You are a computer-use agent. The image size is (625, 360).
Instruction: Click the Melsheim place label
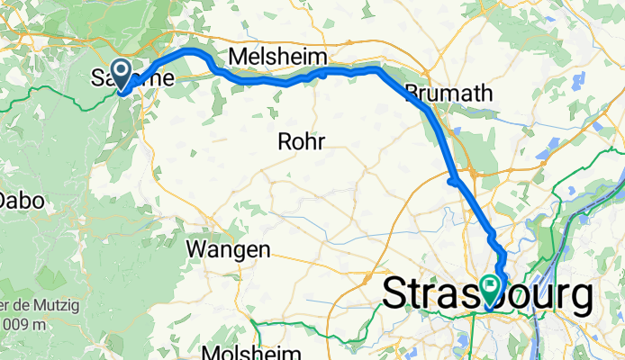(x=276, y=57)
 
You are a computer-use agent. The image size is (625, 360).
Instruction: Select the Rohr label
(x=301, y=141)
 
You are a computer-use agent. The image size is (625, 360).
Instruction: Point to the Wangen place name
(x=228, y=249)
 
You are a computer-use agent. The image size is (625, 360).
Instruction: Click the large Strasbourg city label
(x=488, y=294)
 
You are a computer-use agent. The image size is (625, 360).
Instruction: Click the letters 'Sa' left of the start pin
(x=101, y=78)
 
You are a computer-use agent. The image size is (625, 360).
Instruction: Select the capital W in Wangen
(x=195, y=249)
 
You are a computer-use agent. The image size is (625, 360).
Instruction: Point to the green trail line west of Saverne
(x=54, y=102)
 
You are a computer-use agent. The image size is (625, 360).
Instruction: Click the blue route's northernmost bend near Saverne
(x=192, y=52)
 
